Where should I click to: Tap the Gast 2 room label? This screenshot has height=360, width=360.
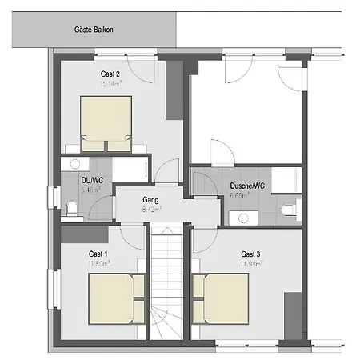tap(110, 73)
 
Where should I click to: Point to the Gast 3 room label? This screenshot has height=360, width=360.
tap(250, 254)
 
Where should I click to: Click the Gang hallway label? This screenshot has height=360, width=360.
tap(151, 198)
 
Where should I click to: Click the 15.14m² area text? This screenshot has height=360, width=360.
tap(110, 82)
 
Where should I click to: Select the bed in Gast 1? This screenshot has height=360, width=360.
tap(115, 298)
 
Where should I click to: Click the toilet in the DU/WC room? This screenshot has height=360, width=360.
tap(72, 210)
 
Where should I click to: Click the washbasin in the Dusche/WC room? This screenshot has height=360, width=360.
tap(239, 216)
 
